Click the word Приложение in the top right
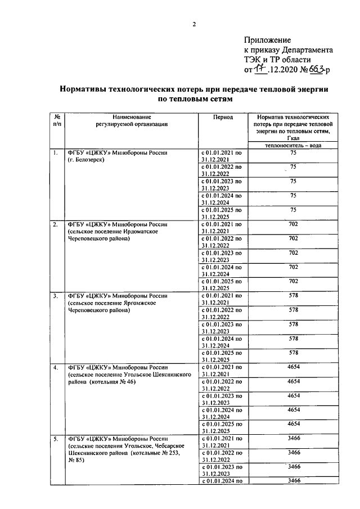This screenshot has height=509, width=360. point(267,40)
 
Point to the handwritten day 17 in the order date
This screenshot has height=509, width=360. point(259,69)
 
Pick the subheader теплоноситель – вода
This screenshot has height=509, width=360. point(292,145)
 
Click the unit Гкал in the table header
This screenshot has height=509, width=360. point(292,137)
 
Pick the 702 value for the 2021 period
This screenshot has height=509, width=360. point(292,224)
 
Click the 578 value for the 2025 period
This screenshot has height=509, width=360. point(292,353)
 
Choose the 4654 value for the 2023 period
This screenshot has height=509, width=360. point(292,395)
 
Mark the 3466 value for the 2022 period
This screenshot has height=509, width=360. point(292,452)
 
